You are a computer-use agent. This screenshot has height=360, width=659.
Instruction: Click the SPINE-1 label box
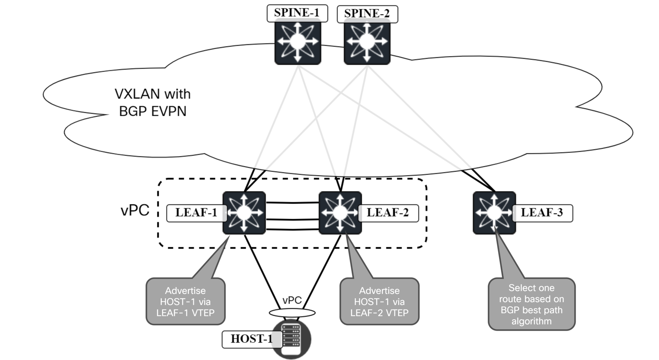pos(297,13)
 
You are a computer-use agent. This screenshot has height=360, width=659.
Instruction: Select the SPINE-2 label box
pos(367,14)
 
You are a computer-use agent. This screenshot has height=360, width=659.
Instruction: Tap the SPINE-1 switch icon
pos(298,42)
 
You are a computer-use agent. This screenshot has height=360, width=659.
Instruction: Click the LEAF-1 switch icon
pos(244,213)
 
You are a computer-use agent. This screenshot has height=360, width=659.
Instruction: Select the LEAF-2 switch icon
pos(340,213)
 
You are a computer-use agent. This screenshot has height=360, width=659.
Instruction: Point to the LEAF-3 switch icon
pos(494,213)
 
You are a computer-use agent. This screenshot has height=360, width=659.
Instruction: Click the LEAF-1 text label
pos(196,213)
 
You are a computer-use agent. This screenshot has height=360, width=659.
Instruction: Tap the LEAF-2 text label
pos(388,213)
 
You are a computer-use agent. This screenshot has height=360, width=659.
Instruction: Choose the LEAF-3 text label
pos(542,213)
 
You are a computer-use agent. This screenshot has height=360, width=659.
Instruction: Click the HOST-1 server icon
pos(291,339)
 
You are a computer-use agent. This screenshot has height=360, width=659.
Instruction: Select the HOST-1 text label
pos(251,339)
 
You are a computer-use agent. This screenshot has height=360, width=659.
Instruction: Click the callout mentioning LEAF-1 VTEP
pos(185,302)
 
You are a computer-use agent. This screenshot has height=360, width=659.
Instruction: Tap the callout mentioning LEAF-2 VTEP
pos(379,302)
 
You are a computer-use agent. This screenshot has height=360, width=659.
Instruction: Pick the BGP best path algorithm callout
pos(531,304)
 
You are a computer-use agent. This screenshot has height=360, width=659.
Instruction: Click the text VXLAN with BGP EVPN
pos(153,103)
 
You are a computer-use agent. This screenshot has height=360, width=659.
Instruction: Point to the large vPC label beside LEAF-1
pos(135,210)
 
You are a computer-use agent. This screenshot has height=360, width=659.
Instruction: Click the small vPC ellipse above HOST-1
pos(292,312)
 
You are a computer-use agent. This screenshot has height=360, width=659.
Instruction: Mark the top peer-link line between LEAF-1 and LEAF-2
pos(292,203)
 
